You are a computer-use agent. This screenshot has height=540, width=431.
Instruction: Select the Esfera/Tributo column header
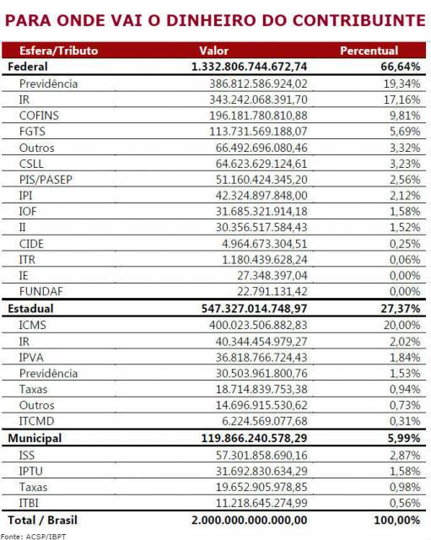(x=58, y=51)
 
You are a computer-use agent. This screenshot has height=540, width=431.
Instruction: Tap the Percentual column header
(x=369, y=51)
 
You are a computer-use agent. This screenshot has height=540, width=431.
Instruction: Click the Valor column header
(x=213, y=51)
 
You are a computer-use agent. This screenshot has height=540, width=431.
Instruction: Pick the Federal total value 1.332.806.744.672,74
(x=249, y=67)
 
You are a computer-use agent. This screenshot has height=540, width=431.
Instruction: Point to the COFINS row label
(x=39, y=116)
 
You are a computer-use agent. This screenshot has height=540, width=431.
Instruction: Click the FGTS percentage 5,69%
(x=405, y=132)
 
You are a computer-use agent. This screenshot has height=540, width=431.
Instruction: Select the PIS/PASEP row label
(x=46, y=180)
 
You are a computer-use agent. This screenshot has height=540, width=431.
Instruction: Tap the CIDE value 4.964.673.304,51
(x=264, y=244)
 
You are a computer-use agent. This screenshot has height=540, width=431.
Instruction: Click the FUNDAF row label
(x=41, y=291)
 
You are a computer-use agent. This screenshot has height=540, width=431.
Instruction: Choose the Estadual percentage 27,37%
(x=401, y=308)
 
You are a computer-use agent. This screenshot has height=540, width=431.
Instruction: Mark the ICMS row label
(x=32, y=325)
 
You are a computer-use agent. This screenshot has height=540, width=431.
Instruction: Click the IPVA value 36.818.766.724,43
(x=261, y=357)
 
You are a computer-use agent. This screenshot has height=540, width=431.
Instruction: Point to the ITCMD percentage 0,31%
(x=405, y=421)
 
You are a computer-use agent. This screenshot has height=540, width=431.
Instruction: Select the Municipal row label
(x=35, y=438)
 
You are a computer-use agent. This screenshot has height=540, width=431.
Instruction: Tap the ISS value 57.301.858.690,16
(x=261, y=455)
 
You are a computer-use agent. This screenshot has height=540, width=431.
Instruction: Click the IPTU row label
(x=31, y=471)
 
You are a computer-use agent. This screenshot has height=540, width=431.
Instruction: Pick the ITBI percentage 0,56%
(x=405, y=503)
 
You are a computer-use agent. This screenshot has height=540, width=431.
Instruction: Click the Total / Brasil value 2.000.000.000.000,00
(x=249, y=520)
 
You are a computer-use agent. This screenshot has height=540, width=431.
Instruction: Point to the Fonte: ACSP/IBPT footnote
(x=34, y=537)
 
